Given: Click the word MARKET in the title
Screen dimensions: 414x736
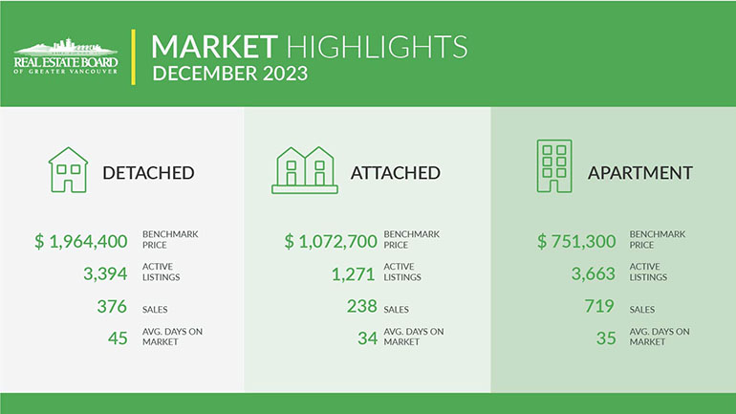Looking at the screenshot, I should coord(214,45).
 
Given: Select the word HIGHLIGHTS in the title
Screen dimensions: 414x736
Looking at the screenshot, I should coord(377,45).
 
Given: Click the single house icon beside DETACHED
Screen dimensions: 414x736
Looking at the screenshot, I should coord(68,171).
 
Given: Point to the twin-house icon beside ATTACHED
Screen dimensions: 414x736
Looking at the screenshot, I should coord(305,171).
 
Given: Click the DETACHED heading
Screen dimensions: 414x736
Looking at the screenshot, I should coord(148,173).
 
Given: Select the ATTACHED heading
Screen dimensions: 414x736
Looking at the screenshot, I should coord(395,173).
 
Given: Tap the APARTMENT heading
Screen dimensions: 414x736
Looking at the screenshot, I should coord(639,173).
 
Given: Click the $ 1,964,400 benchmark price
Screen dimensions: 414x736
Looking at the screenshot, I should coord(81,242).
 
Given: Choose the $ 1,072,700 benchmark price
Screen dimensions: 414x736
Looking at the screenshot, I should coord(331,242).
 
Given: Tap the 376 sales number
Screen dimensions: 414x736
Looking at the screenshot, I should coord(112,307).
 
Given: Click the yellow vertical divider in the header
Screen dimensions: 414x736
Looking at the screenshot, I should coord(132,57).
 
